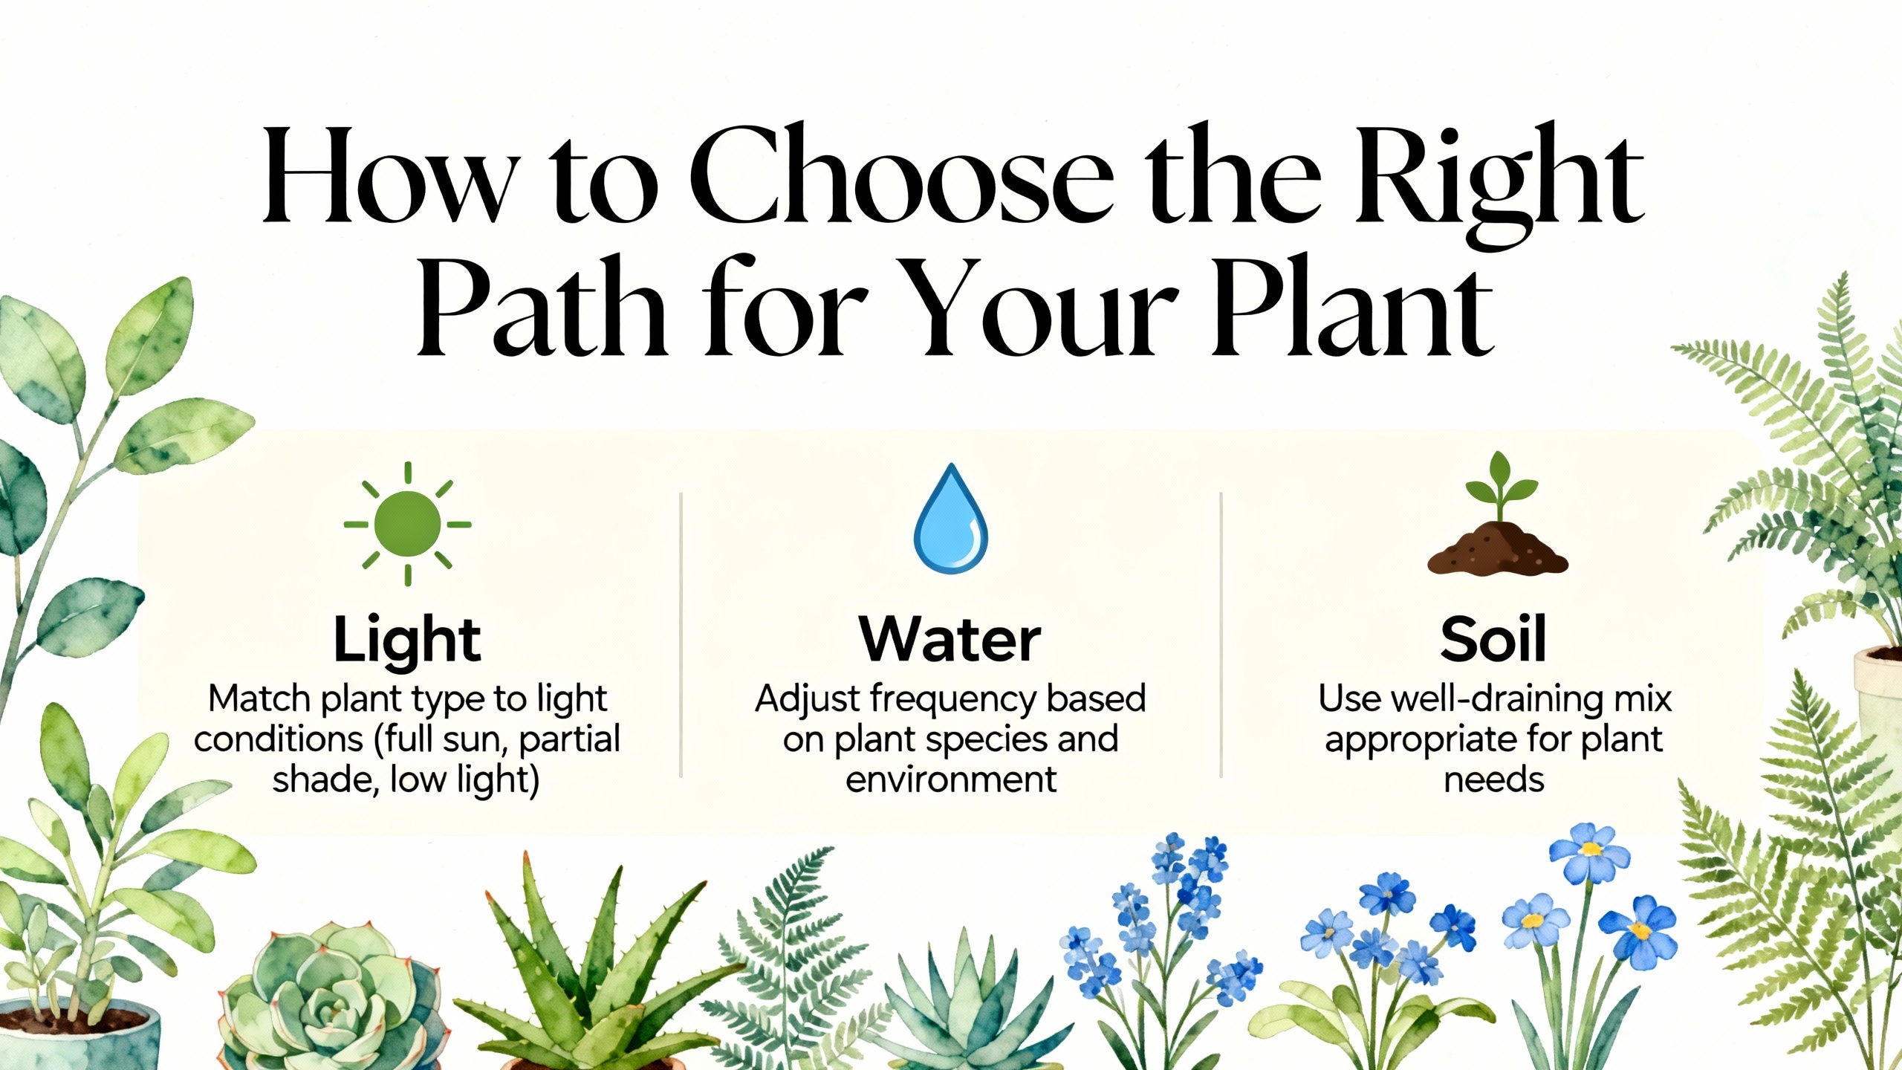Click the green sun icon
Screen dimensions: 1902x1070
(407, 524)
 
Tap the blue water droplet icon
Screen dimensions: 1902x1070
(951, 517)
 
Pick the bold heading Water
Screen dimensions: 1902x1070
(950, 639)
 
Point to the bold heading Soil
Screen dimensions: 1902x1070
(1493, 639)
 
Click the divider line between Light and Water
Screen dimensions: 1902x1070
(681, 635)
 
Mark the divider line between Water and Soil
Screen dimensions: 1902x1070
(1221, 635)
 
